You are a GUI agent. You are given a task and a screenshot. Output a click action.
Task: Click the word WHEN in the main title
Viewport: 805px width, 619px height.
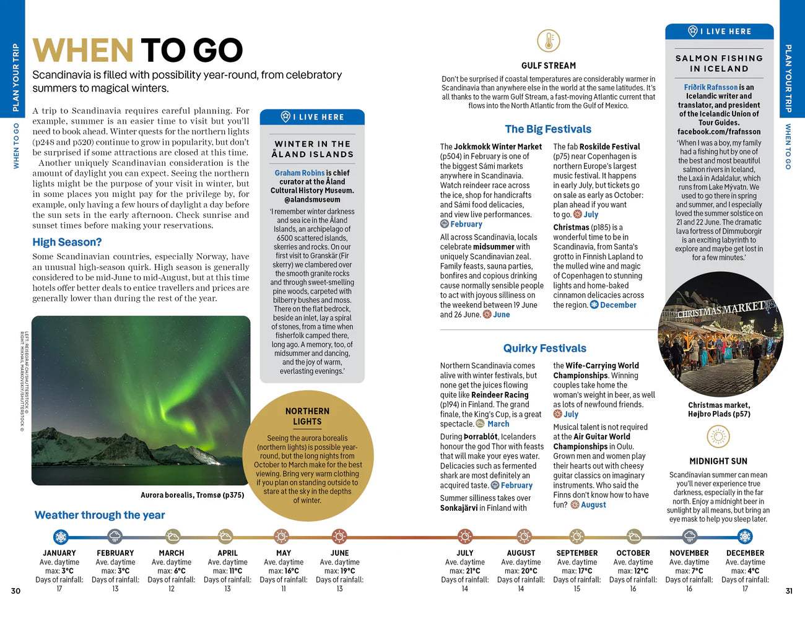[x=82, y=51]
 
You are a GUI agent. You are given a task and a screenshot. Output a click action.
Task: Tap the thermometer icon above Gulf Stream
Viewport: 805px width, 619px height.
[x=549, y=41]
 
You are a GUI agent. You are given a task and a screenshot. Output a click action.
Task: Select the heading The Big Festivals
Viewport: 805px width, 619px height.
[x=548, y=129]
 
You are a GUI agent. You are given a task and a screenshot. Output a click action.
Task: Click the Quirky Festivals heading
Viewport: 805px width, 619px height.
[x=544, y=348]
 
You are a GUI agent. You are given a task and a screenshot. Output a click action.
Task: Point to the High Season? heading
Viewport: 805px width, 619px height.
[x=67, y=242]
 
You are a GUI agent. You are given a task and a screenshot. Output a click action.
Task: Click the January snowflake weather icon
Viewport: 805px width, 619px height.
[x=60, y=536]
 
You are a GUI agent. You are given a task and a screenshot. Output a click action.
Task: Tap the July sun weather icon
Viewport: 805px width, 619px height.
[x=465, y=536]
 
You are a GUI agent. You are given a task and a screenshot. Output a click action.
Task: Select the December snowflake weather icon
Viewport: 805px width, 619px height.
[x=745, y=536]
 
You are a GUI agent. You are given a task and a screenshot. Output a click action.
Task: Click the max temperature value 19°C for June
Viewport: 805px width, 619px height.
[x=347, y=571]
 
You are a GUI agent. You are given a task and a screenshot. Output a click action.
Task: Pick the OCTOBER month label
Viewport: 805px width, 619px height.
[x=633, y=553]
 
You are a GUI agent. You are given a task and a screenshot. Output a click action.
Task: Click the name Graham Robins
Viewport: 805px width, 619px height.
[x=300, y=173]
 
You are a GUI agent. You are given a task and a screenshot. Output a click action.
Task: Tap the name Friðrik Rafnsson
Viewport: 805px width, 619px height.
[x=711, y=87]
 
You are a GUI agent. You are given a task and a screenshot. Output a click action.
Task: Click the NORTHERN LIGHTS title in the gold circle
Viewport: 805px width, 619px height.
[x=307, y=416]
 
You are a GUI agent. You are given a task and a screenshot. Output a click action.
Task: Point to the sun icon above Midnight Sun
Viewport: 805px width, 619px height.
[x=718, y=437]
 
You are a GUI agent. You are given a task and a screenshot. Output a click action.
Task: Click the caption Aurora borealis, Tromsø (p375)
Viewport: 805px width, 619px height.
[x=192, y=495]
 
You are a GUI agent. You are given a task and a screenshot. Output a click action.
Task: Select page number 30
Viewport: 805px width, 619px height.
[x=15, y=591]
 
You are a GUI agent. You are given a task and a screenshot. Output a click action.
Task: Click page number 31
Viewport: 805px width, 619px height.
[x=789, y=591]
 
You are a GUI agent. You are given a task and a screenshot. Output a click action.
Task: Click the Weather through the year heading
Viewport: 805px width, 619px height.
[x=100, y=515]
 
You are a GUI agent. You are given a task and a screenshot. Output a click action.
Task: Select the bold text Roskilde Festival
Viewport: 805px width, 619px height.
[x=609, y=147]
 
